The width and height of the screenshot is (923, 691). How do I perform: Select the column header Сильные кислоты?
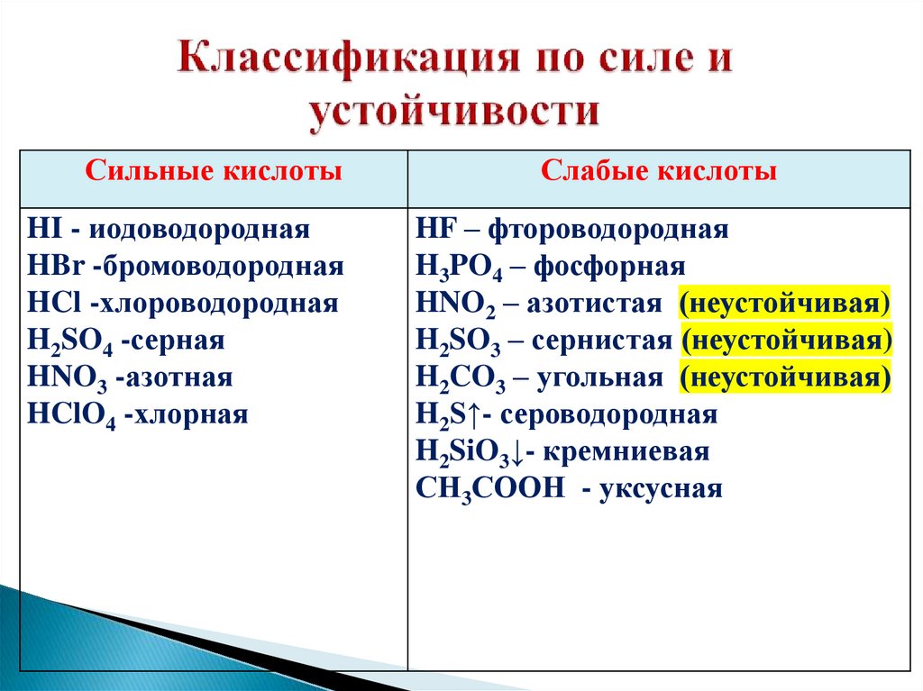coord(214,170)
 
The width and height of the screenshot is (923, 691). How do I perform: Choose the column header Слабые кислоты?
coord(659,170)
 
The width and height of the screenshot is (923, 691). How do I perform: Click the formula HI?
coord(41,229)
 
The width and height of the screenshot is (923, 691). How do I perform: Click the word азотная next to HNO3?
coord(179,378)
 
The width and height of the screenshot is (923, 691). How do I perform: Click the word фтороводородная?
coord(608,229)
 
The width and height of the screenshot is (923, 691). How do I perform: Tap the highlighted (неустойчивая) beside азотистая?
coord(785,304)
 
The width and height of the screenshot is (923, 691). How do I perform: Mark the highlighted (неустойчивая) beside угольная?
coord(785,378)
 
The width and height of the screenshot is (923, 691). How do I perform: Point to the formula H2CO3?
coord(461,379)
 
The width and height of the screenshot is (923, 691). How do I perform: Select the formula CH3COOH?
coord(490,489)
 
